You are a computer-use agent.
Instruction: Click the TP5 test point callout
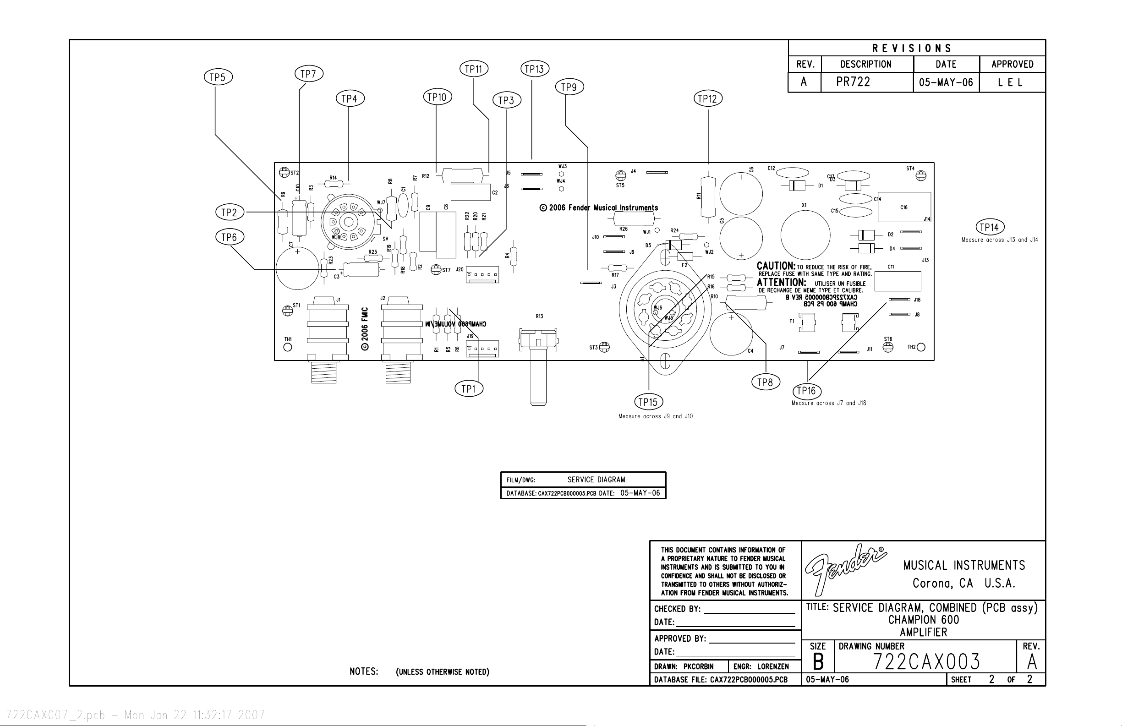218,77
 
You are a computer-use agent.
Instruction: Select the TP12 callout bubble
708,99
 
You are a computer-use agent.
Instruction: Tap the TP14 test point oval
990,228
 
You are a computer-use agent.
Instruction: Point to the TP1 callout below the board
469,389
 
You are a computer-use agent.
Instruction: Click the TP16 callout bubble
807,391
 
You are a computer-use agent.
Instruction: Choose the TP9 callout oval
569,87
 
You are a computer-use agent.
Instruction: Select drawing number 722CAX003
926,662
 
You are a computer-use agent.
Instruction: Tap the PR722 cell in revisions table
853,82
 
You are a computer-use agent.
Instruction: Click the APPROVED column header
1012,65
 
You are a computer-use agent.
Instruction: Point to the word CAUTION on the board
776,266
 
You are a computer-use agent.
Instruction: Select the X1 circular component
805,235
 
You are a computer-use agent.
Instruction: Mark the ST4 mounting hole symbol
920,176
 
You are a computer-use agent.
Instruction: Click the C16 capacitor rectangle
904,207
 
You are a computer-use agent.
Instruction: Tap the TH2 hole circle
921,348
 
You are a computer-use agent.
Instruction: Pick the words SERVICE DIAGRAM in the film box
596,480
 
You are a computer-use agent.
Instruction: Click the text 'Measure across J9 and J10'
655,416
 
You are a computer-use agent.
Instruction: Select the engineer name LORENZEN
773,666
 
